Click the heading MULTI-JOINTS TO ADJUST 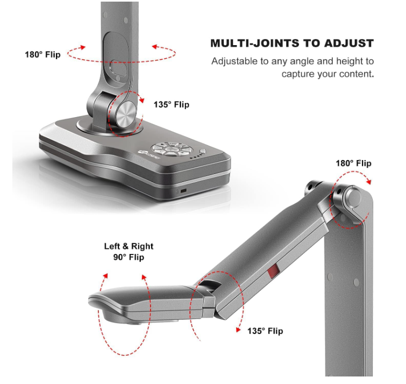[292, 43]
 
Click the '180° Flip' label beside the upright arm [42, 55]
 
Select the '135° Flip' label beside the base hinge [172, 105]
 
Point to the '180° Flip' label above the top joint [353, 163]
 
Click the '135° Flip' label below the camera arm [265, 331]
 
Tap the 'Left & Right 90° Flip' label [129, 251]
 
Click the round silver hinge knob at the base [126, 114]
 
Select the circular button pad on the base [170, 149]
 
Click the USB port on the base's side [183, 191]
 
